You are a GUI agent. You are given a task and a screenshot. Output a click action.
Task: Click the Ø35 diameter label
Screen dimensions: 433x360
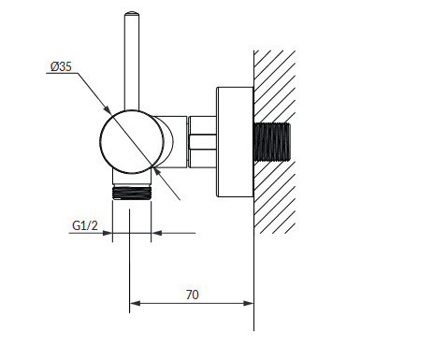(x=61, y=66)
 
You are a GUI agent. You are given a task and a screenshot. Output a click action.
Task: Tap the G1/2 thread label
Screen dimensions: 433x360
(x=85, y=225)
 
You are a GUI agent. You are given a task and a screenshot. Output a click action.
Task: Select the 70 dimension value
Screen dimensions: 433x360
(x=193, y=295)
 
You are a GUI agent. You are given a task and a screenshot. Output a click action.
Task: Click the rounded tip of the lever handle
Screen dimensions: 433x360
(x=132, y=13)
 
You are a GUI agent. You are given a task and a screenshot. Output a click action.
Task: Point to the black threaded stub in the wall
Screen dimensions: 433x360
(x=272, y=142)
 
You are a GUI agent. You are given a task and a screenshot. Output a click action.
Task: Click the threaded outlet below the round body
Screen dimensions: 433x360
(x=132, y=193)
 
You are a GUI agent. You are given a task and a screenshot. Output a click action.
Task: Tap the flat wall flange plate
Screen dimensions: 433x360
(x=235, y=142)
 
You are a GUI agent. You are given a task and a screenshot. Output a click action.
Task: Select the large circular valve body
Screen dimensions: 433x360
(x=132, y=142)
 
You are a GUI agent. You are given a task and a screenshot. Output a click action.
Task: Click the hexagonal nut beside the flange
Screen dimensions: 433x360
(x=203, y=142)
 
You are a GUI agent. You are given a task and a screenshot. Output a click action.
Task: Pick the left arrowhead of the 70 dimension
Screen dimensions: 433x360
(x=135, y=303)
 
